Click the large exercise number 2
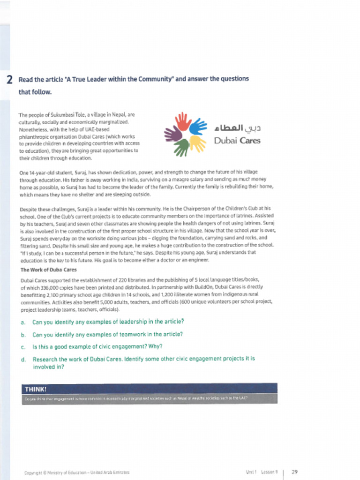click(x=10, y=80)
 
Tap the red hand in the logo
click(x=183, y=121)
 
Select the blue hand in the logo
click(x=198, y=126)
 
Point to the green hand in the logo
click(x=182, y=147)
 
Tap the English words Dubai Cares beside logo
click(x=237, y=140)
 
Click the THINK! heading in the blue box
click(x=36, y=390)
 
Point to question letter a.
click(x=23, y=322)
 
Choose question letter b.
click(x=23, y=335)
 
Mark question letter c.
click(x=23, y=347)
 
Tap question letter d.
click(x=23, y=360)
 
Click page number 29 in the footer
click(x=294, y=472)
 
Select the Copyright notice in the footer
click(x=76, y=472)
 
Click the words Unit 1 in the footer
click(x=252, y=472)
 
